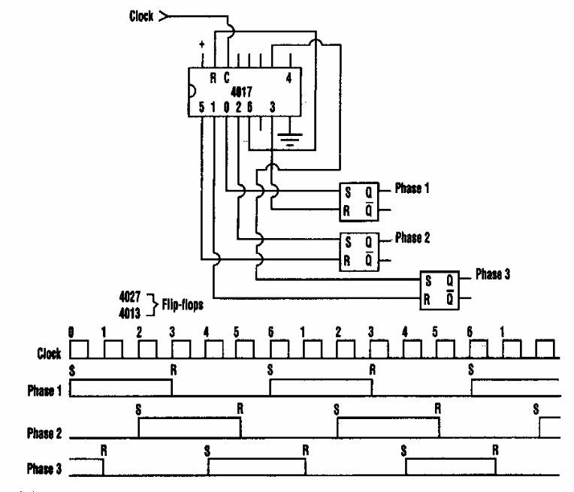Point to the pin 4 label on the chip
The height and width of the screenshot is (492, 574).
[289, 77]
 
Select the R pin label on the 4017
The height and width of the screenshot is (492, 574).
[213, 77]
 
